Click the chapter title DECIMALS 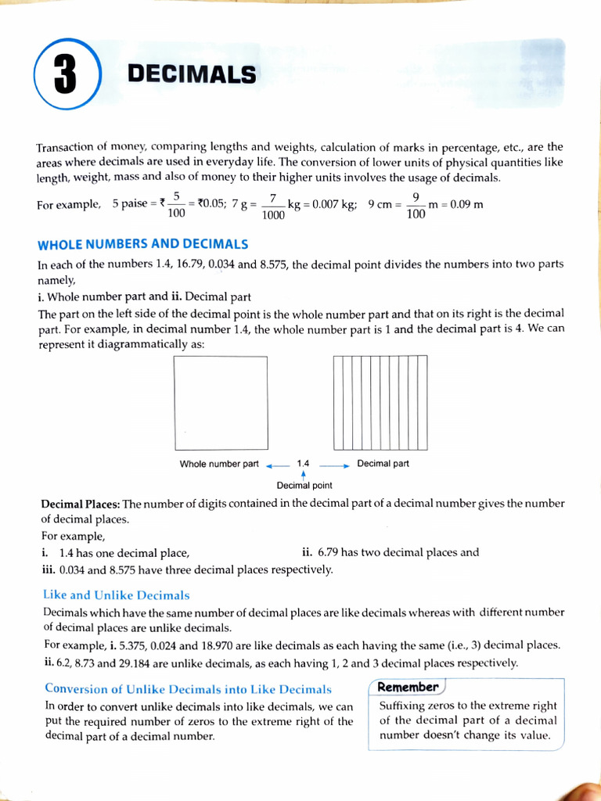(192, 74)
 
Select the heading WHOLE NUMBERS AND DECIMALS (143, 244)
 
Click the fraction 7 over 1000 (273, 206)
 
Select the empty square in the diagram (221, 403)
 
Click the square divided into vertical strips (380, 403)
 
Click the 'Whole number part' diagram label (219, 464)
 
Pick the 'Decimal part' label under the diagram (383, 463)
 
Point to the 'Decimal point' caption (304, 486)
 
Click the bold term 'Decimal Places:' (81, 504)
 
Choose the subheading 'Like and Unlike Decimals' (117, 595)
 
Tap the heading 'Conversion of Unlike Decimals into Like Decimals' (188, 689)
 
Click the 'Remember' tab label (407, 687)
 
